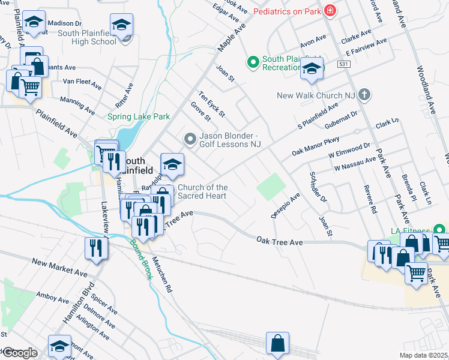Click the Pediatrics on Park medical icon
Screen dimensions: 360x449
click(x=329, y=11)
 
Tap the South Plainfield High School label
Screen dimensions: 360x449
click(x=95, y=37)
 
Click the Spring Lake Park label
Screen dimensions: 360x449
click(x=139, y=116)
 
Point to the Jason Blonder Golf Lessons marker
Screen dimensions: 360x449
click(x=190, y=140)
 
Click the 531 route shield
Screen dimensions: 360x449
click(x=343, y=64)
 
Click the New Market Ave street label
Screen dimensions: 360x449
click(x=59, y=268)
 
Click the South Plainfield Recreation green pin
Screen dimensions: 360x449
click(x=253, y=62)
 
